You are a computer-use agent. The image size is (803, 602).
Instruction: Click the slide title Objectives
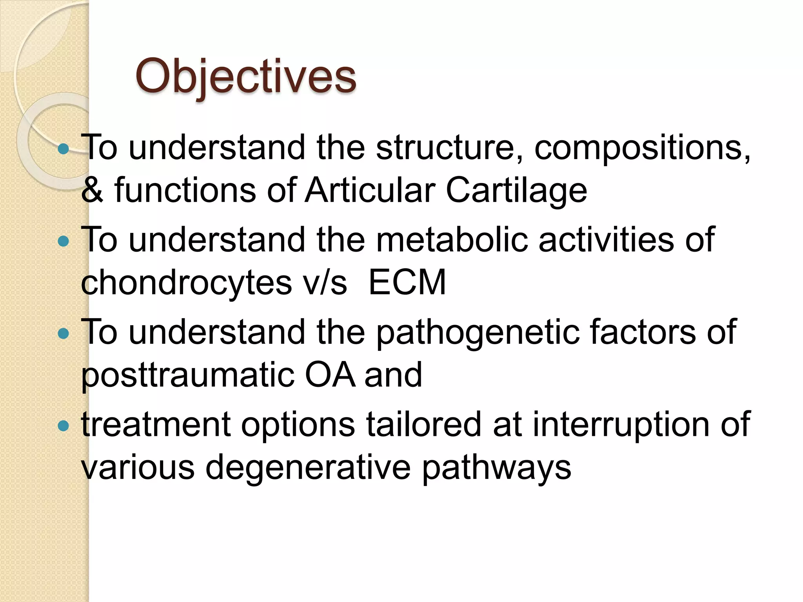click(246, 76)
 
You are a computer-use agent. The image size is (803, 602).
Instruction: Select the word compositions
click(642, 148)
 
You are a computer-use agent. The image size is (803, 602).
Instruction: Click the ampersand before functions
click(92, 190)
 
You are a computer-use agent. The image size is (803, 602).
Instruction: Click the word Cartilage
click(516, 190)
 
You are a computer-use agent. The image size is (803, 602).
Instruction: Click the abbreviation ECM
click(407, 282)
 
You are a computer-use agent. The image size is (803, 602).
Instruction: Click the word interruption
click(620, 425)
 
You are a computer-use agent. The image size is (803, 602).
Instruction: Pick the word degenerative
click(308, 468)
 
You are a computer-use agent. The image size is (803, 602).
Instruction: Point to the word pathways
click(496, 468)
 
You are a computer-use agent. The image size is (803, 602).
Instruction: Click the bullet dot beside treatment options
click(63, 426)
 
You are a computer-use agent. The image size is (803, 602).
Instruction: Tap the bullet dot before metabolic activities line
click(63, 241)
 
